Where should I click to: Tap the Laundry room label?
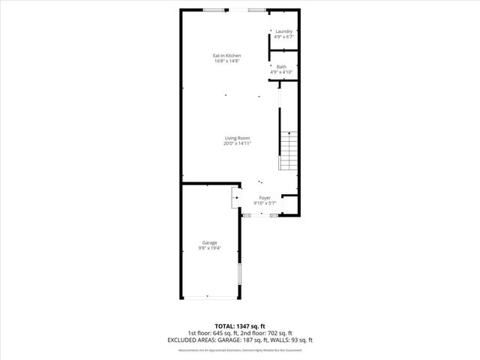tap(283, 31)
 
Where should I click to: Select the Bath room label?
tap(281, 67)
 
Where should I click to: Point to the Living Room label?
tap(237, 137)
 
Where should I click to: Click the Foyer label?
tap(265, 196)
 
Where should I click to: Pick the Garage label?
tap(209, 242)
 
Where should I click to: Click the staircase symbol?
tap(289, 149)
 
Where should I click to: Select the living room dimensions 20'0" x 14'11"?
tap(237, 143)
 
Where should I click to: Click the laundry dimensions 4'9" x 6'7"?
tap(283, 36)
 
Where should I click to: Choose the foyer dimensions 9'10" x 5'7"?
tap(265, 202)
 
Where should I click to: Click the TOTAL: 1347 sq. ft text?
tap(239, 326)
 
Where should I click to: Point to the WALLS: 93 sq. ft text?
tap(292, 340)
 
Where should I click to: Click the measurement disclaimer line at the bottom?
tap(239, 349)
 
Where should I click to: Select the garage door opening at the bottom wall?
tap(209, 298)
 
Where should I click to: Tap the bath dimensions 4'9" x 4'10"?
tap(281, 72)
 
